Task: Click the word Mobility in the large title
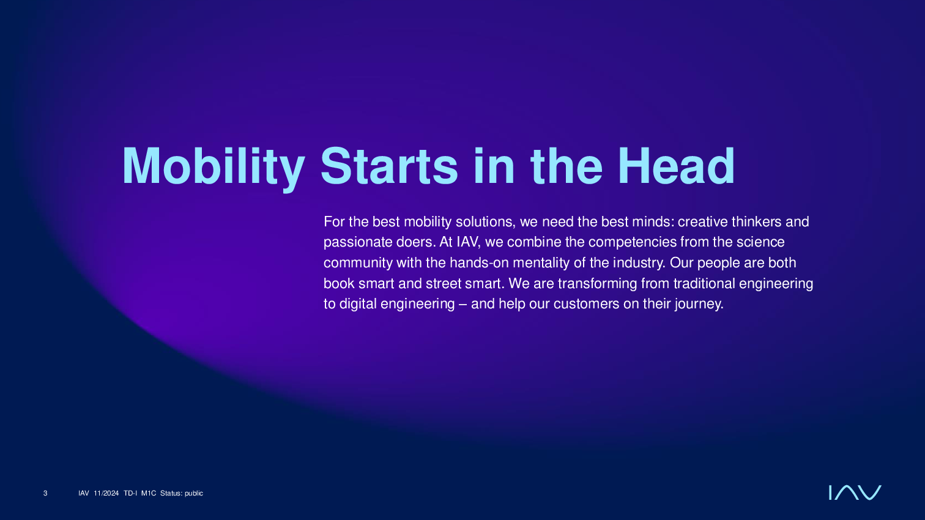(213, 167)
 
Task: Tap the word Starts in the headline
(389, 166)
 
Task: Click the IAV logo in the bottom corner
(855, 492)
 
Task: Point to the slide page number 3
(45, 493)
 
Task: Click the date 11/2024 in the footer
(106, 493)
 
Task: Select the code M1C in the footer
(149, 493)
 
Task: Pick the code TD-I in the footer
(130, 493)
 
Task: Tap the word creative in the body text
(703, 222)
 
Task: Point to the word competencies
(633, 242)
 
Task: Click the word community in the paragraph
(358, 263)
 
